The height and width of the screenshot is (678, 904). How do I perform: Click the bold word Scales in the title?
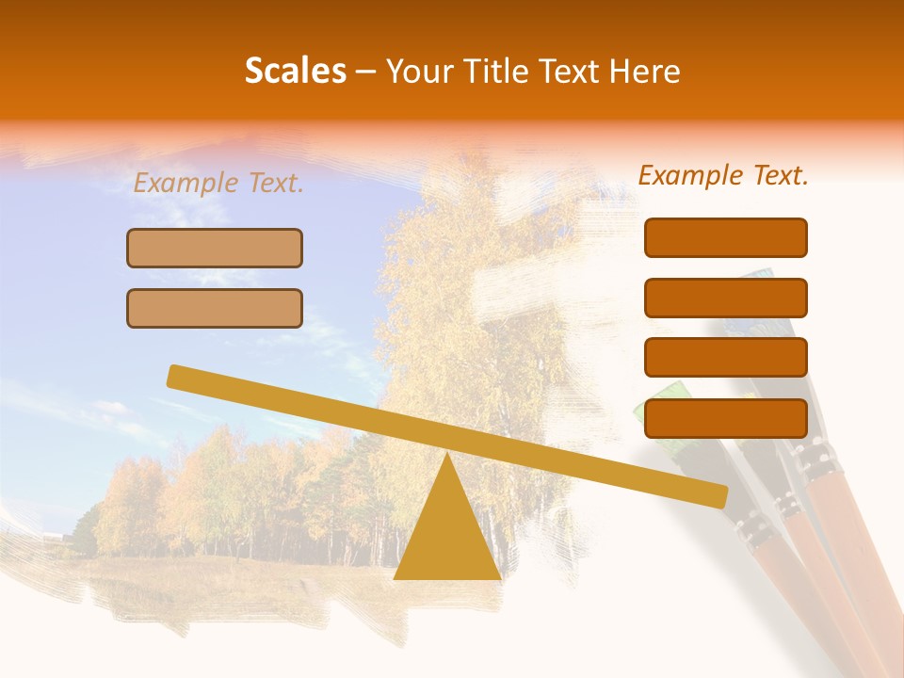295,72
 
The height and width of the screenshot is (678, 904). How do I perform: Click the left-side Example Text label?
218,184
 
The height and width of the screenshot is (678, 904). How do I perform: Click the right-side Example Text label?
723,175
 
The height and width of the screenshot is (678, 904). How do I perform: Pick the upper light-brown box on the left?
215,248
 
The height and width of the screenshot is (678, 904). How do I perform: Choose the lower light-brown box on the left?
215,308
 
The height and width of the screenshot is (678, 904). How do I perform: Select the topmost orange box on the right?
725,237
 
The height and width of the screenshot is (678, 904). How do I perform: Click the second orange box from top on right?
725,298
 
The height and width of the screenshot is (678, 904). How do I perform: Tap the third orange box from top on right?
725,358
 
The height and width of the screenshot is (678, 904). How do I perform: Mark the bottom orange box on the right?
725,418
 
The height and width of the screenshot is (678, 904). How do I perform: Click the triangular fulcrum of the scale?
447,537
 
